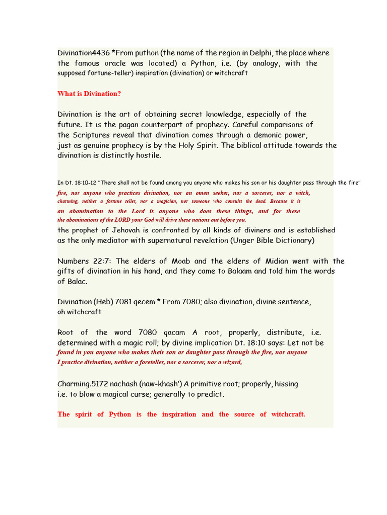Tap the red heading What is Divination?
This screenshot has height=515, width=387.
pos(89,94)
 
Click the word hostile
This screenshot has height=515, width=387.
pos(146,155)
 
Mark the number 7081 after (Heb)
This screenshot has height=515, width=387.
pos(123,302)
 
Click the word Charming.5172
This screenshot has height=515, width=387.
pos(83,384)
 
